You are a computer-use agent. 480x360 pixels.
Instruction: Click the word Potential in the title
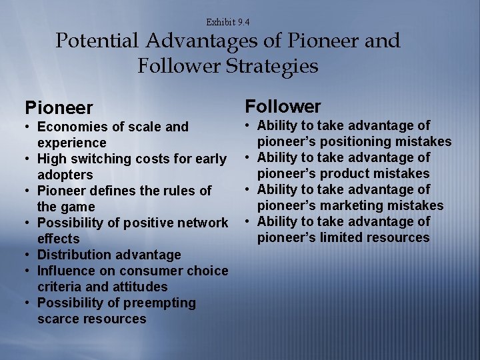[97, 41]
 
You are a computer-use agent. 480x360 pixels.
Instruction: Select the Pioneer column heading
[59, 107]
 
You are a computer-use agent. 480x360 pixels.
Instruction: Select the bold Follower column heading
[283, 106]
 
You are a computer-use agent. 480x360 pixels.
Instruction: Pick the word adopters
[65, 175]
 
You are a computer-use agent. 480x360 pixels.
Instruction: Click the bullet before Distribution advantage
[28, 255]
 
